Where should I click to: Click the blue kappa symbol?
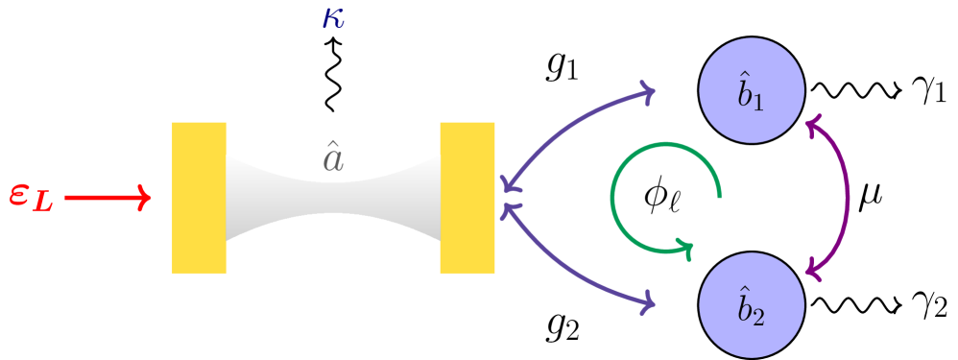tap(333, 18)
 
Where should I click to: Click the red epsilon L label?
tap(31, 196)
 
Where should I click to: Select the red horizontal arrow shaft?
tap(101, 198)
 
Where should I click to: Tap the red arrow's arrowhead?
tap(145, 198)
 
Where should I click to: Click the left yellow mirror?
tap(199, 198)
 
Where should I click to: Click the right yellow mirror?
tap(467, 198)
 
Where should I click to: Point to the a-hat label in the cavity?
tap(332, 158)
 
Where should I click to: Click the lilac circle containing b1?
tap(752, 90)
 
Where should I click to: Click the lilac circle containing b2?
tap(752, 305)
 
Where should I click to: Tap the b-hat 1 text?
tap(751, 92)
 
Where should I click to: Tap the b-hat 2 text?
tap(751, 307)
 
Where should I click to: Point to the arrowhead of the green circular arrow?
tap(686, 248)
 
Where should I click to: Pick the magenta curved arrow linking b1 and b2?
tap(848, 198)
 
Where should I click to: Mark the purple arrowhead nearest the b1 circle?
tap(648, 93)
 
